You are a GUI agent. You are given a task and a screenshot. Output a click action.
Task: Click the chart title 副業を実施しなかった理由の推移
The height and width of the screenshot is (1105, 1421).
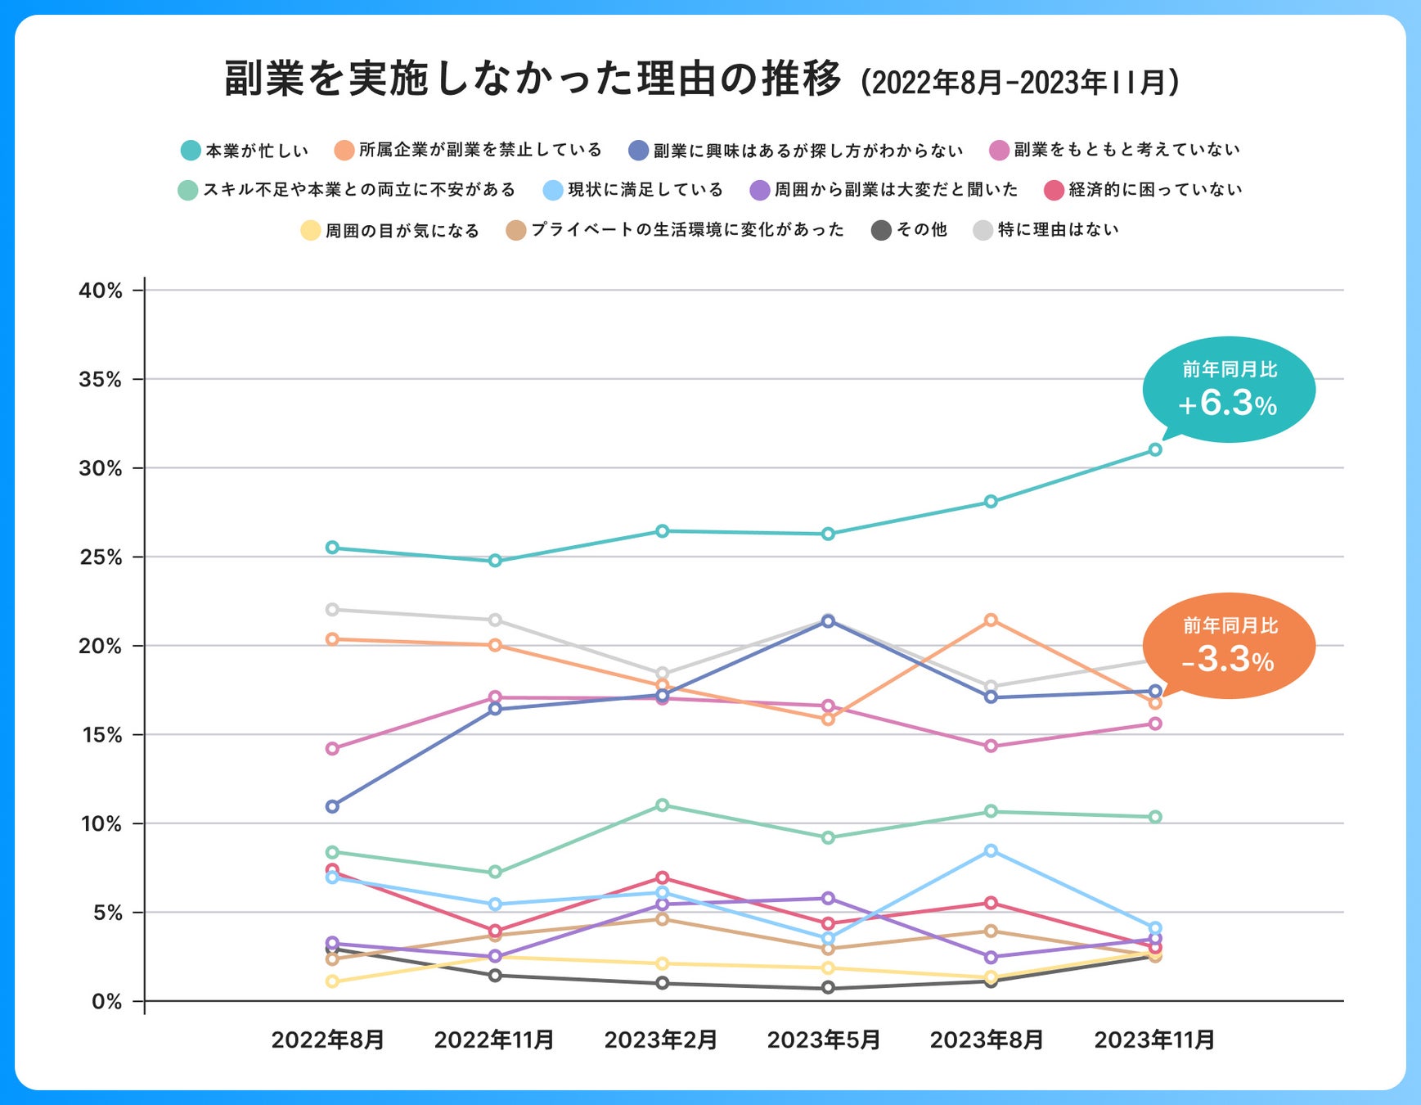click(533, 79)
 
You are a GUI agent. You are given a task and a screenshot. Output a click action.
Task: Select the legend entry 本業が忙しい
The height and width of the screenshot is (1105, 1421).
click(245, 151)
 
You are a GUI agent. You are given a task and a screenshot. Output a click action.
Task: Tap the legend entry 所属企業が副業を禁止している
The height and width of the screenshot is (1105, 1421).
click(470, 150)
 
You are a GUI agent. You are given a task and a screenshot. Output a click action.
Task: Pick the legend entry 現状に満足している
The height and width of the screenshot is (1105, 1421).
click(635, 190)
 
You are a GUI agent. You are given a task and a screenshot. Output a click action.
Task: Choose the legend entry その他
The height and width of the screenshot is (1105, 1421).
click(910, 230)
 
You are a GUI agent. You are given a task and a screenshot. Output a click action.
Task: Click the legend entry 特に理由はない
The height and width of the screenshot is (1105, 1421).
click(1046, 230)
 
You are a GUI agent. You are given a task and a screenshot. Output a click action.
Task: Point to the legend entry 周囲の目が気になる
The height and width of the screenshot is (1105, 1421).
click(390, 231)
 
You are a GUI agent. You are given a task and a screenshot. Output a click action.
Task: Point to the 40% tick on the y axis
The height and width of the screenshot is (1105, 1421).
click(100, 291)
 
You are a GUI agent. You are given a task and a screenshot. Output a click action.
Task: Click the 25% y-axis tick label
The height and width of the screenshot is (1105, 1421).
click(100, 557)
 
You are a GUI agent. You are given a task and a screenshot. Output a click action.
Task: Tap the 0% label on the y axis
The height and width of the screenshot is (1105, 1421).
click(106, 1002)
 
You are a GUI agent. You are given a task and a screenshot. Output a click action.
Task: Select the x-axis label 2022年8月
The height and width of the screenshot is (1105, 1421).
click(328, 1040)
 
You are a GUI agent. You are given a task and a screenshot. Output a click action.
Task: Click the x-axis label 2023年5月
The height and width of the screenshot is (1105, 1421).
click(824, 1040)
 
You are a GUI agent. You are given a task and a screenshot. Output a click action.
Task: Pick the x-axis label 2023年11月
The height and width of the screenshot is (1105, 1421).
click(1154, 1040)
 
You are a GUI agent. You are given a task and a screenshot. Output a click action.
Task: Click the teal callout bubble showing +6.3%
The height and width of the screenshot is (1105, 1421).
click(1228, 390)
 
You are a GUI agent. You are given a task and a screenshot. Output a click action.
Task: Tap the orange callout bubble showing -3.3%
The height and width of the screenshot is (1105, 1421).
click(1228, 646)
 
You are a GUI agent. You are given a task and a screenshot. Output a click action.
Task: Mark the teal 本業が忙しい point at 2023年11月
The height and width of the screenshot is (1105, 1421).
click(1155, 449)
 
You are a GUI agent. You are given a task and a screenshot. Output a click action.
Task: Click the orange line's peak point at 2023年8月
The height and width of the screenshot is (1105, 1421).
click(991, 620)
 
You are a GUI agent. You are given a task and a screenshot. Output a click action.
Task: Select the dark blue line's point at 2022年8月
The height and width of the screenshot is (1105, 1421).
click(332, 806)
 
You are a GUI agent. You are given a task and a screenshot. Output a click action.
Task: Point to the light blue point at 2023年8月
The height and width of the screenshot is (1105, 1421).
click(991, 850)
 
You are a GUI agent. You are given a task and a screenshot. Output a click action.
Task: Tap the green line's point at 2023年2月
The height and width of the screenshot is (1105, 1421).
click(662, 805)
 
